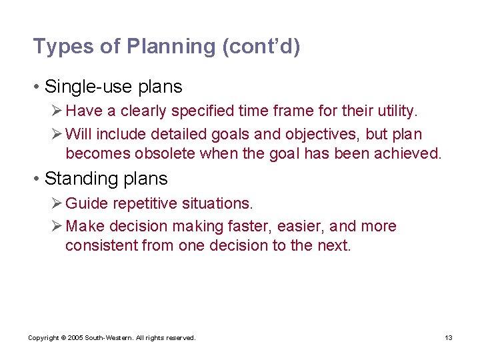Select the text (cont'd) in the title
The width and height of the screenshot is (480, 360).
tap(261, 47)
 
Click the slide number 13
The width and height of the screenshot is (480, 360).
tap(449, 338)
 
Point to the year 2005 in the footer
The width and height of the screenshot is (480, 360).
tap(75, 338)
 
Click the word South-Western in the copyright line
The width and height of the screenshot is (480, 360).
tap(109, 338)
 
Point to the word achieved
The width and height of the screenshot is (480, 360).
tap(410, 154)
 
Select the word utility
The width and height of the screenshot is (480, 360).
tap(397, 110)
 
